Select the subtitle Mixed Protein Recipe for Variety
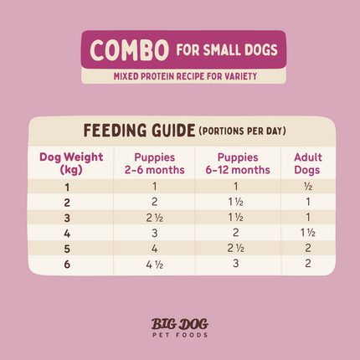tap(181, 77)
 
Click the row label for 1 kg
tap(66, 187)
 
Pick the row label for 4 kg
tap(66, 232)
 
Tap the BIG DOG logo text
tap(180, 322)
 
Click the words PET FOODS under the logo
tap(180, 336)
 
